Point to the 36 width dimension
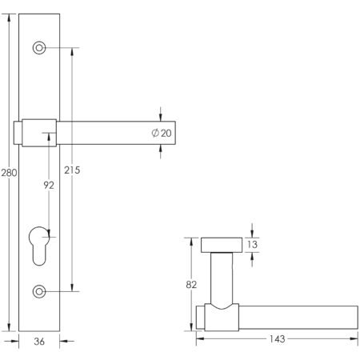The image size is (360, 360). (x=38, y=342)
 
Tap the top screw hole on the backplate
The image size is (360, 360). (x=38, y=48)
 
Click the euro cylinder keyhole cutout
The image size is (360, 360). (x=38, y=243)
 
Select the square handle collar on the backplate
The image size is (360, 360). (x=39, y=133)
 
